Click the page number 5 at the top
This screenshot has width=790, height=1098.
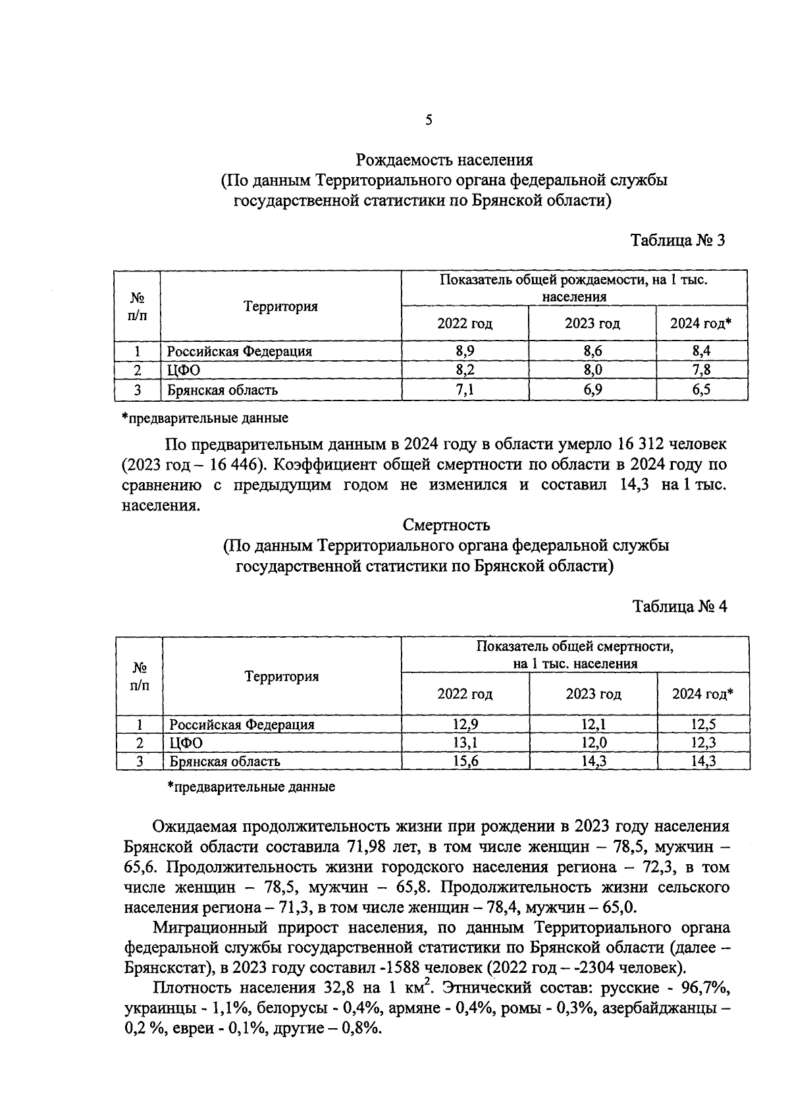(x=429, y=120)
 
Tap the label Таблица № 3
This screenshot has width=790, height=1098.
(x=677, y=240)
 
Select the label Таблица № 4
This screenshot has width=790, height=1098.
(x=679, y=607)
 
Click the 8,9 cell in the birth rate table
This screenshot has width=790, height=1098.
(x=465, y=351)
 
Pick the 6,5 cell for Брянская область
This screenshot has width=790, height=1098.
(x=701, y=390)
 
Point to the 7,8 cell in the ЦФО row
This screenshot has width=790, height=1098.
(x=701, y=370)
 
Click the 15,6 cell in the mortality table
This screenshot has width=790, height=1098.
(x=465, y=761)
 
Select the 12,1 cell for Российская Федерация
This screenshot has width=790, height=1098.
(x=593, y=725)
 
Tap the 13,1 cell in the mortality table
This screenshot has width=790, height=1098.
(x=465, y=743)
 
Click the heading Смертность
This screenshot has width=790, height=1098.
(x=446, y=525)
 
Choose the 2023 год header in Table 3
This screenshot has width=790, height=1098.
(x=592, y=323)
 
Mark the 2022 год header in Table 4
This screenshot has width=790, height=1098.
(x=465, y=694)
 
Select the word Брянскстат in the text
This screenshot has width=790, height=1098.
(x=165, y=968)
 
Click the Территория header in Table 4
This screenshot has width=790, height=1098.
(x=282, y=676)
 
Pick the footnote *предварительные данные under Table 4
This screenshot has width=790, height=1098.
(x=251, y=786)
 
